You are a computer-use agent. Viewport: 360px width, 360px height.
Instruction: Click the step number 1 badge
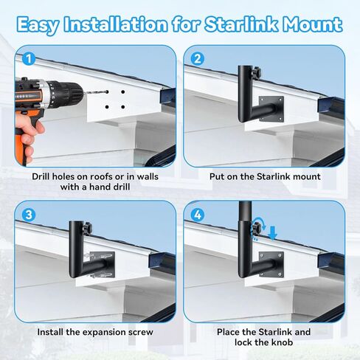[x=28, y=58]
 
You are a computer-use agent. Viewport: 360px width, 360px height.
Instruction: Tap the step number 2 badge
[x=198, y=58]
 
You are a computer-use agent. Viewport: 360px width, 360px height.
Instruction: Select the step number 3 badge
[x=28, y=215]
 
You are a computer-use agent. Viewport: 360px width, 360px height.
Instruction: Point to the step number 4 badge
[x=198, y=215]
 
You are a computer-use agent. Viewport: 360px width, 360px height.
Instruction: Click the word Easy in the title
[x=44, y=24]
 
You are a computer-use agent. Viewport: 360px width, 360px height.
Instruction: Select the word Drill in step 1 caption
[x=45, y=177]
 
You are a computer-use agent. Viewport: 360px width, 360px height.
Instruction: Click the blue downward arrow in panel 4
[x=272, y=234]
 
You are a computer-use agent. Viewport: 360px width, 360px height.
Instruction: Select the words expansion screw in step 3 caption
[x=120, y=333]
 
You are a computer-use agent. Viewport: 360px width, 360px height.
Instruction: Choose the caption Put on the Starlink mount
[x=265, y=177]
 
